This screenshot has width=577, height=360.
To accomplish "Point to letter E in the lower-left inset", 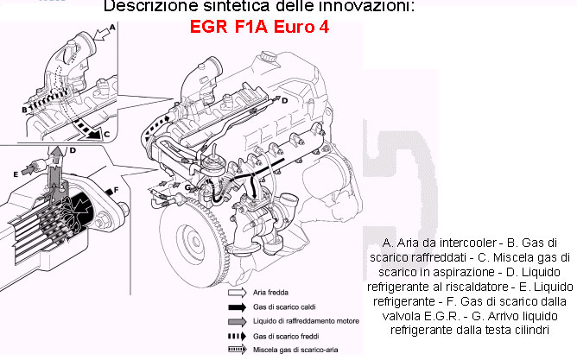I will coord(16,174).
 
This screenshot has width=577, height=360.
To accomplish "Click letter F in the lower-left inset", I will coord(116,189).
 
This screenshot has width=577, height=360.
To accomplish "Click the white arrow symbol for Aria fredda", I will coord(229,293).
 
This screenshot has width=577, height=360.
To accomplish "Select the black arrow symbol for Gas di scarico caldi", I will coord(229,306).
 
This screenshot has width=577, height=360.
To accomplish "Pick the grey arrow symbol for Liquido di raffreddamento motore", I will coord(229,320).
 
